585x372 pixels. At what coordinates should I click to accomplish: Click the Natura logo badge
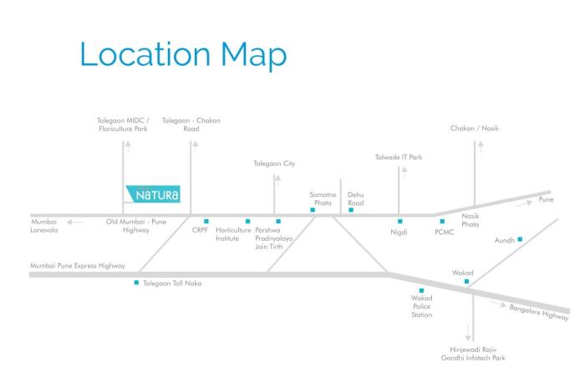tap(152, 196)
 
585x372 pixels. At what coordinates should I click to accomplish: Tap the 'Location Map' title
tap(183, 54)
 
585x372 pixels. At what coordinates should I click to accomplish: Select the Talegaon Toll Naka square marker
tap(136, 283)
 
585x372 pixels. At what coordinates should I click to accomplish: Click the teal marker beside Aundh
tap(520, 239)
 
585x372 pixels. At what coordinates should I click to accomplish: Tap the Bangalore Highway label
tap(538, 312)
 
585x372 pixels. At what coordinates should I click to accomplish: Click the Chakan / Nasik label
tap(474, 128)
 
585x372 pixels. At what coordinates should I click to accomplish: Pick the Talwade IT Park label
tap(399, 157)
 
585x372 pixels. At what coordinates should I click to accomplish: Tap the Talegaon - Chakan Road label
tap(191, 124)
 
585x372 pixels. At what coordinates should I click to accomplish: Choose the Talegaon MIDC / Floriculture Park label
tap(124, 124)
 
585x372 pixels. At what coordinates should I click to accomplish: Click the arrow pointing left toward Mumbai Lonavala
tap(75, 222)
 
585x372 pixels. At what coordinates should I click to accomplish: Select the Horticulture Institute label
tap(233, 234)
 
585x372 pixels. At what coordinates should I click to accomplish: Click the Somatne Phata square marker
tap(312, 210)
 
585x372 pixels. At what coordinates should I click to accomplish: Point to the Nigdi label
tap(399, 232)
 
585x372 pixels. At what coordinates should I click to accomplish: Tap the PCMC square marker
tap(442, 221)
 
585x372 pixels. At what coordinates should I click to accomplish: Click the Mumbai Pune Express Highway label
tap(78, 266)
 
